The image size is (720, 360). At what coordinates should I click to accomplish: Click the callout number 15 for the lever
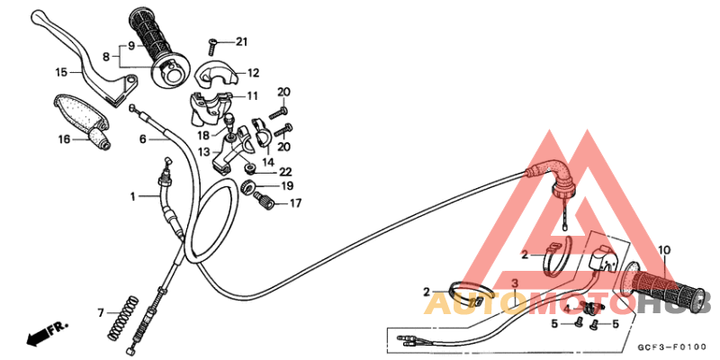[x=62, y=72]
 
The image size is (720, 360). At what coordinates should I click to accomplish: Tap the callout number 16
[x=64, y=139]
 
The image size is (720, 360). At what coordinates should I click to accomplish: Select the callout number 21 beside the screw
[x=240, y=41]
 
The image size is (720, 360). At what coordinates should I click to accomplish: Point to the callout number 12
[x=253, y=73]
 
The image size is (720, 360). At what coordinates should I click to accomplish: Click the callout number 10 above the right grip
[x=664, y=250]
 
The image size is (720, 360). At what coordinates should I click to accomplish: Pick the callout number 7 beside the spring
[x=101, y=312]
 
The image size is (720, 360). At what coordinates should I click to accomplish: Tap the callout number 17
[x=295, y=204]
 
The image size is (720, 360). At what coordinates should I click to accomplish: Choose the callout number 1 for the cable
[x=132, y=195]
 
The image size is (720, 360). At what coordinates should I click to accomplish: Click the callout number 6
[x=142, y=139]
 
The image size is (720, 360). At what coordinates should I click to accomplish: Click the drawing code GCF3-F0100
[x=670, y=346]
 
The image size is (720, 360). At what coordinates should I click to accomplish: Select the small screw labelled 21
[x=213, y=42]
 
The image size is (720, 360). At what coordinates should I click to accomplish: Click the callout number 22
[x=285, y=171]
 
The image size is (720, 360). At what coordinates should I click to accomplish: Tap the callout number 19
[x=288, y=186]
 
